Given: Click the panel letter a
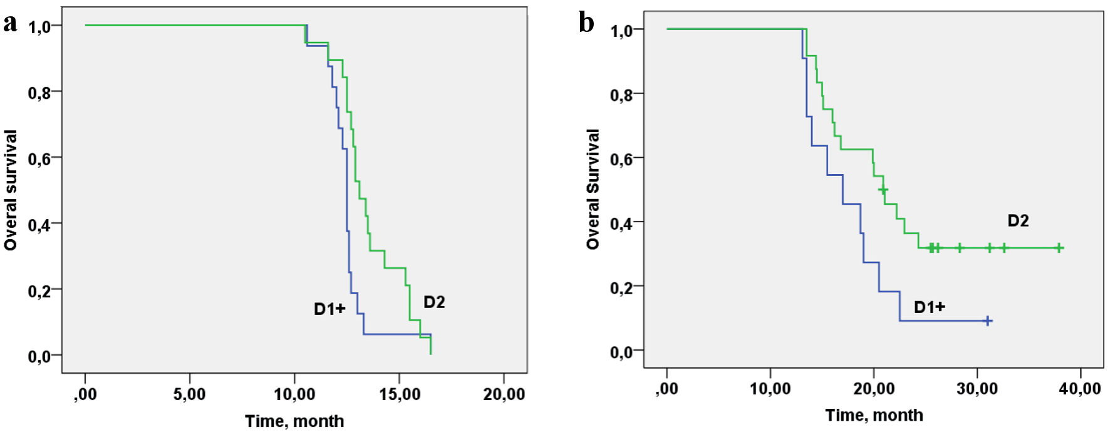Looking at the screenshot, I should click(9, 24).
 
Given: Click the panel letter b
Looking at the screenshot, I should click(586, 24).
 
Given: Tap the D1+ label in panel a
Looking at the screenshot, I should click(329, 309).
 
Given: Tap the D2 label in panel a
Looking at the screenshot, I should click(434, 302).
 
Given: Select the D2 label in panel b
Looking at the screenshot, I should click(1018, 220).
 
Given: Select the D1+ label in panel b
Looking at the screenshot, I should click(930, 307).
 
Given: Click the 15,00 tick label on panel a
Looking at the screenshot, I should click(400, 394).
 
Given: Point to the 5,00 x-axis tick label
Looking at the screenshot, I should click(189, 394).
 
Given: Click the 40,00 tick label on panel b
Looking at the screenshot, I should click(1080, 389).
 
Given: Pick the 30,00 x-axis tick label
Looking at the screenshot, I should click(977, 389).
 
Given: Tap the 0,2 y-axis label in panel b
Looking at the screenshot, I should click(623, 287).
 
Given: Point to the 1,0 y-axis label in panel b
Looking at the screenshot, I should click(623, 30).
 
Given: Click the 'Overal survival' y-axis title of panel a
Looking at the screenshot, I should click(11, 190).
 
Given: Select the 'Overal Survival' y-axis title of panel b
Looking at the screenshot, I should click(593, 189).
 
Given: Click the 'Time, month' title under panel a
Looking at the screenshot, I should click(294, 421).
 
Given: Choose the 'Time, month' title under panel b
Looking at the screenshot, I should click(874, 415).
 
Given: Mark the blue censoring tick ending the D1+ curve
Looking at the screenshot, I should click(987, 321).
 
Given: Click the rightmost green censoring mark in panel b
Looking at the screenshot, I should click(1059, 248).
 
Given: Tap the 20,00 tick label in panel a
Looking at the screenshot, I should click(504, 394).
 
